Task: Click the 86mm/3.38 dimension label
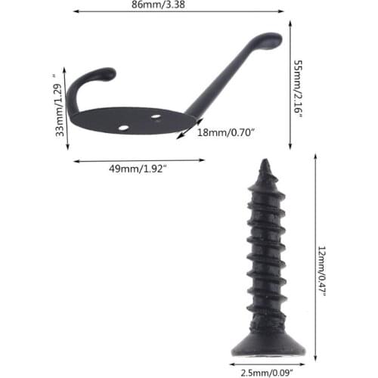[x=158, y=5]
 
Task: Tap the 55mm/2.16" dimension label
[x=299, y=88]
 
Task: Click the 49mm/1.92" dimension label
[x=138, y=169]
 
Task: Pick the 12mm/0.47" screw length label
[x=322, y=271]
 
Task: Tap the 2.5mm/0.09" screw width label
[x=267, y=373]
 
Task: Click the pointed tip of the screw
[x=265, y=160]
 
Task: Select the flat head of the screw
[x=268, y=349]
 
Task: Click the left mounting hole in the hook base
[x=123, y=128]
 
